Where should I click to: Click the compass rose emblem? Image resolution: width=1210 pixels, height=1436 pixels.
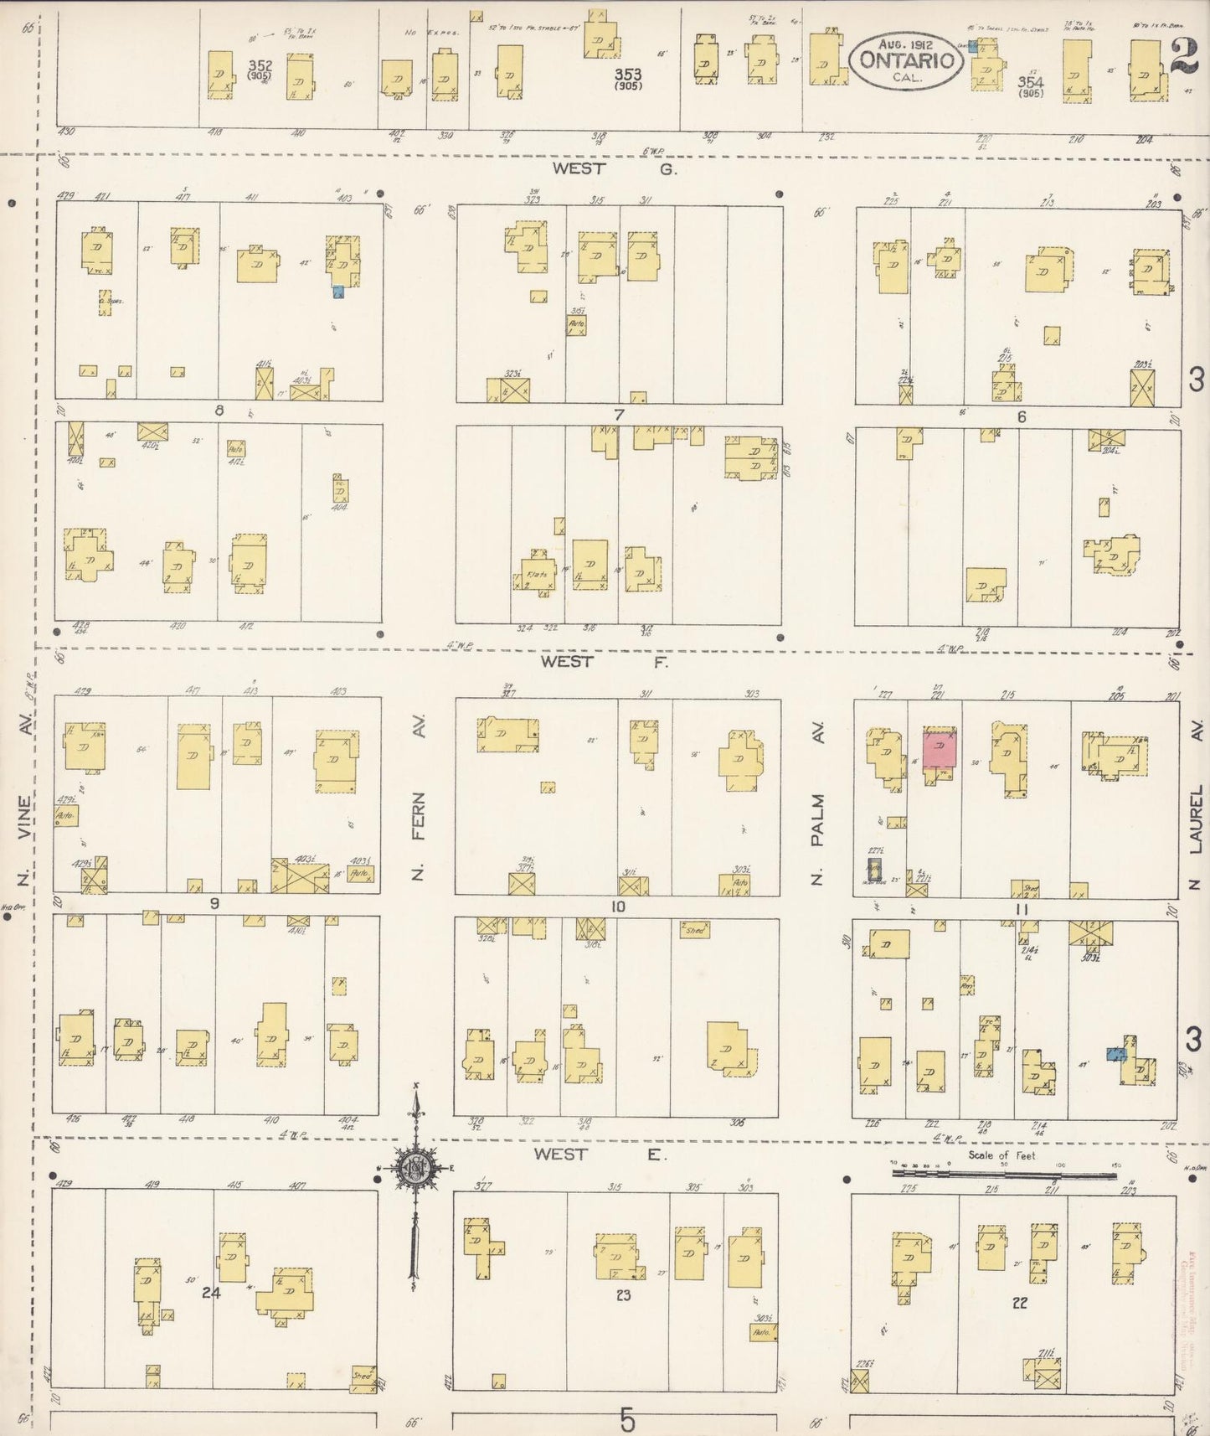[414, 1170]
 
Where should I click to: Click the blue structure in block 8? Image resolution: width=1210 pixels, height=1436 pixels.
[338, 292]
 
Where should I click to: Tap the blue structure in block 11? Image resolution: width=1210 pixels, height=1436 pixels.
[1116, 1054]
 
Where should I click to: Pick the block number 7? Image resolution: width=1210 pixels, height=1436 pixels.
[619, 414]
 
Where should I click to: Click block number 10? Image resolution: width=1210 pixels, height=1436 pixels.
[618, 907]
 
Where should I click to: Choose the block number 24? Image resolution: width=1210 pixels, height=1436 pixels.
[211, 1293]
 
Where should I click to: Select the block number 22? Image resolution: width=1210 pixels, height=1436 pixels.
[1018, 1303]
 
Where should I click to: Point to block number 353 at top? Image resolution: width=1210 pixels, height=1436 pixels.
[627, 74]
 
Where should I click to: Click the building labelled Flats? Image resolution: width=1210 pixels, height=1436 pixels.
[537, 573]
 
